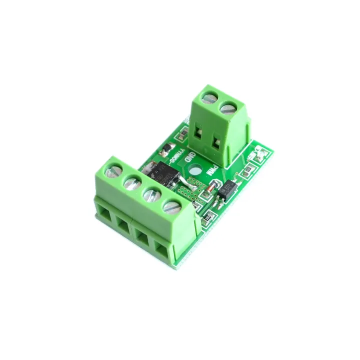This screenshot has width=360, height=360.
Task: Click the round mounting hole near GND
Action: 196,170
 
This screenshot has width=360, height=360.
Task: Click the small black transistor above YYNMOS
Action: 165,148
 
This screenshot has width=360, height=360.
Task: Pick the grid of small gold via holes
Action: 188,190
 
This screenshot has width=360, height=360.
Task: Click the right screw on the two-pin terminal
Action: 228,106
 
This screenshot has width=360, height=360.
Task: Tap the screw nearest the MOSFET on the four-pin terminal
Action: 171,205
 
